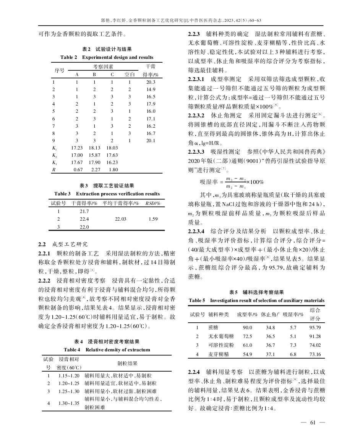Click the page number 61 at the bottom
[313, 422]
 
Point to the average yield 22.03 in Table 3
[121, 219]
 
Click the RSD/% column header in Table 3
[152, 203]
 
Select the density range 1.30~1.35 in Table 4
[69, 403]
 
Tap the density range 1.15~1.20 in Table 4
[69, 375]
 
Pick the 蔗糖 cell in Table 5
[213, 328]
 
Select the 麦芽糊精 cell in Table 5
[218, 354]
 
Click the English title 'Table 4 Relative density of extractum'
[107, 349]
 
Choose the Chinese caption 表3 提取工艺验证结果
[107, 186]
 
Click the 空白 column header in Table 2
[130, 75]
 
